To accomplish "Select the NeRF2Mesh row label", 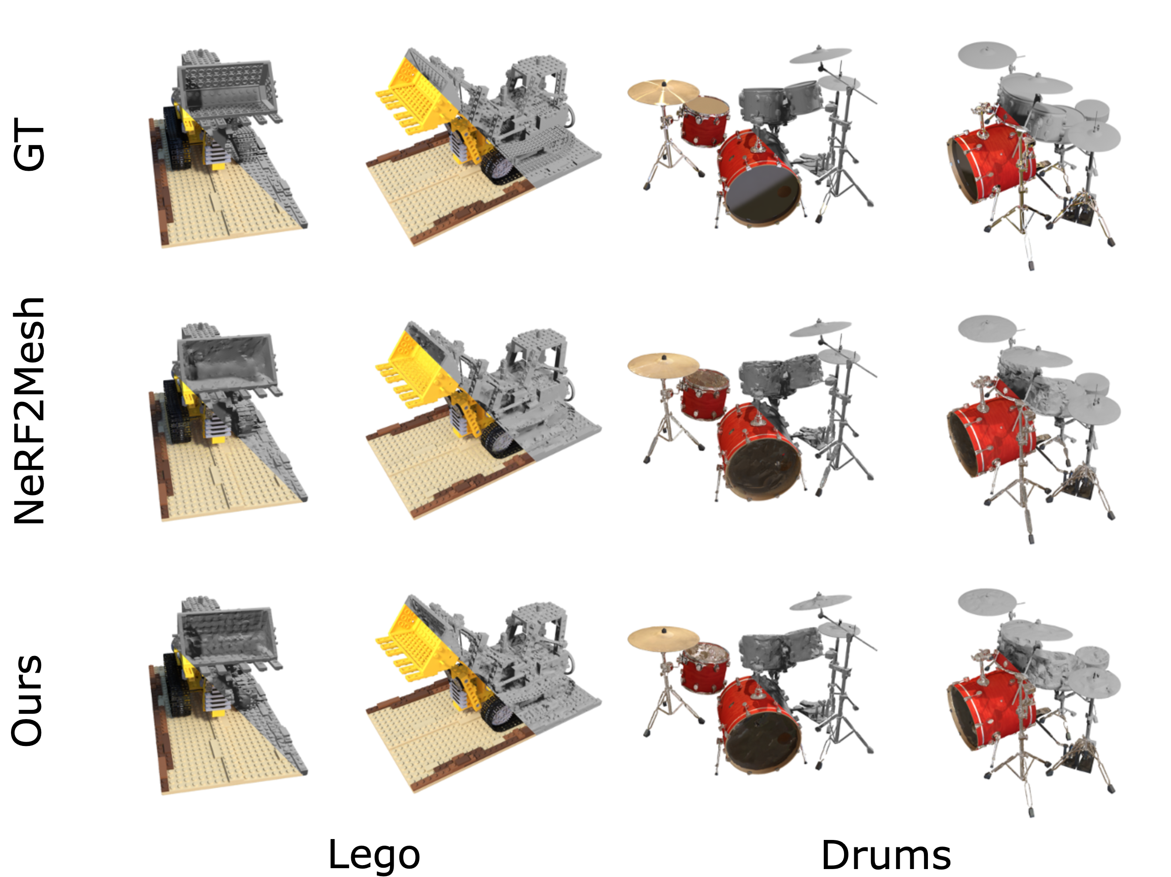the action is coord(30,411).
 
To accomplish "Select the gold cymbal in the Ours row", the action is coord(663,639).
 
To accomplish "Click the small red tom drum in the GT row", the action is coord(704,121).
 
